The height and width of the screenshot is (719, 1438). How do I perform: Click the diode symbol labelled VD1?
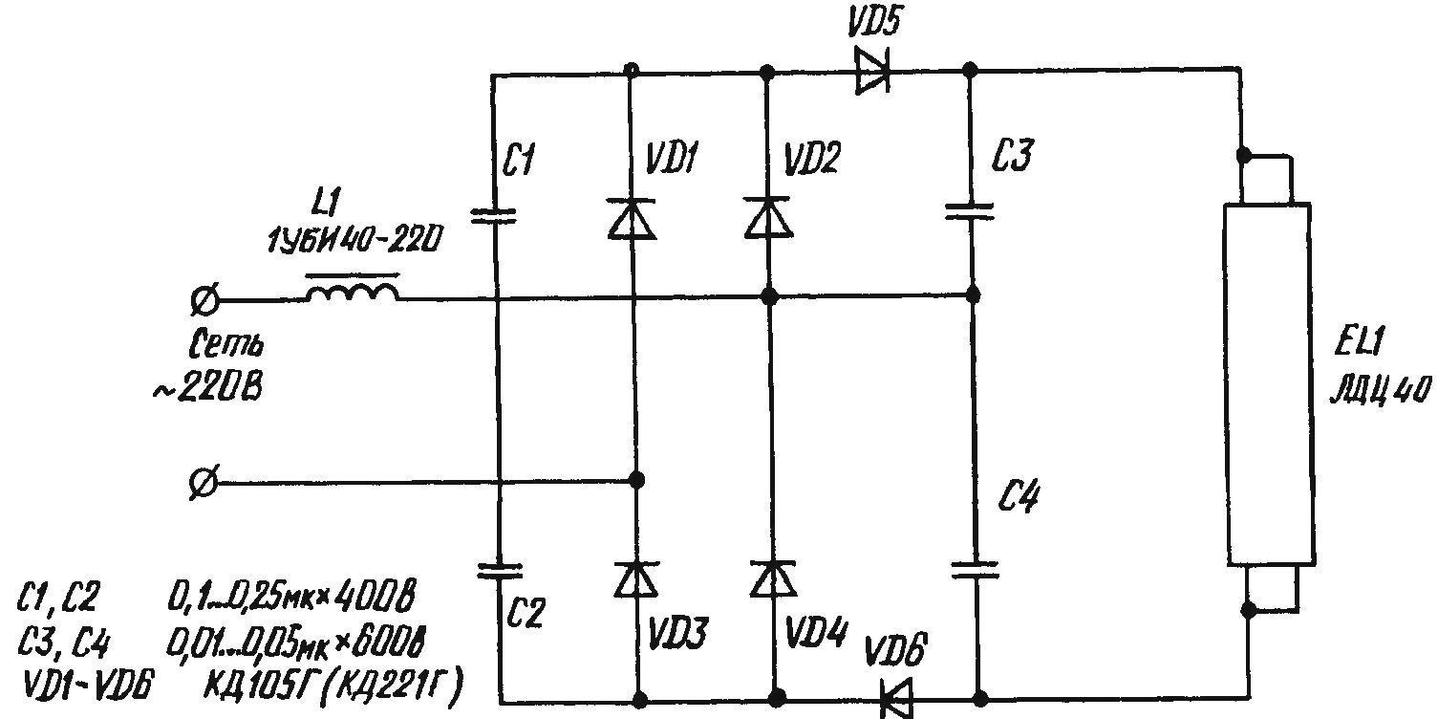(632, 219)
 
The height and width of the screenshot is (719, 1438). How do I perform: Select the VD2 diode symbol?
(768, 218)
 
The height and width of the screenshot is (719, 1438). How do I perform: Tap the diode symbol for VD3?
(636, 578)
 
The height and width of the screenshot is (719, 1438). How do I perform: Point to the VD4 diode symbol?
(774, 578)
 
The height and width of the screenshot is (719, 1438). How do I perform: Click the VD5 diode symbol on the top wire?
(872, 70)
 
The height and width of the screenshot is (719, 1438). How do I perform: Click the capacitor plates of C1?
(493, 216)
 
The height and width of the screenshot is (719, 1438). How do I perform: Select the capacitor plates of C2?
(500, 571)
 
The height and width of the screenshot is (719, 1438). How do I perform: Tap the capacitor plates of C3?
(970, 211)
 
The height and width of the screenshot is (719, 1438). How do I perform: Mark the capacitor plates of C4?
(975, 569)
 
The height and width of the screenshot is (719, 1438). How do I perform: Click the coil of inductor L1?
(353, 293)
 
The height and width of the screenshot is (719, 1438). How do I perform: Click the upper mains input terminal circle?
(205, 299)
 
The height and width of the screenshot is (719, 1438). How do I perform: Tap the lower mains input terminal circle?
(205, 482)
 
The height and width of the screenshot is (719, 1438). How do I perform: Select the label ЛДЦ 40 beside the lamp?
(1381, 389)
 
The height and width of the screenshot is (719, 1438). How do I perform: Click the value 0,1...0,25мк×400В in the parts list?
(291, 597)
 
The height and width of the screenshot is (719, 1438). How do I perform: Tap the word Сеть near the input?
(225, 344)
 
